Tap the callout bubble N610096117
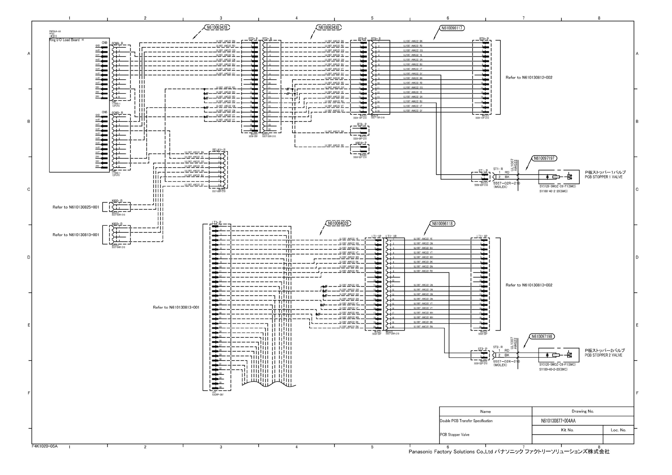point(453,28)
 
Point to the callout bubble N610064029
point(339,223)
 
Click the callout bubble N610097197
point(544,158)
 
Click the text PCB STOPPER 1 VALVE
point(603,177)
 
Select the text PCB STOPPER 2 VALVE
point(603,355)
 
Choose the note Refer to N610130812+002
point(529,77)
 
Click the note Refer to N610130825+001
point(76,207)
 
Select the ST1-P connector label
point(483,171)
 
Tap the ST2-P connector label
point(483,349)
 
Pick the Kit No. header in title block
point(567,430)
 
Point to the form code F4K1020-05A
point(45,446)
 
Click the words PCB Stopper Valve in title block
point(455,435)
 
